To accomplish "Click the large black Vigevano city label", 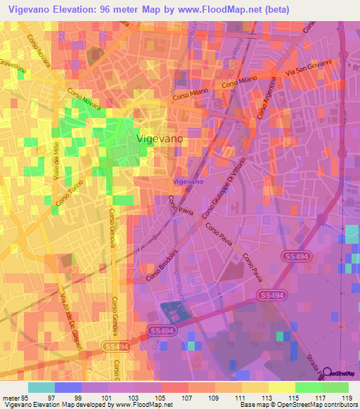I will [159, 139].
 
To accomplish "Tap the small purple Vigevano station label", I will [188, 181].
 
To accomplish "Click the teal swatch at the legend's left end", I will [41, 387].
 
